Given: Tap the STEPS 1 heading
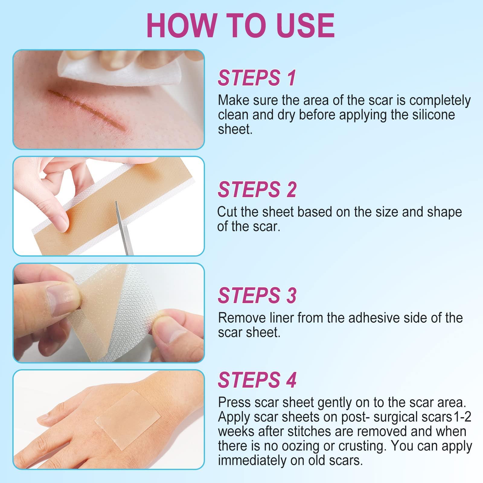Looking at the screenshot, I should coord(257,78).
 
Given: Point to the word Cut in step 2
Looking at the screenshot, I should coord(227,212).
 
